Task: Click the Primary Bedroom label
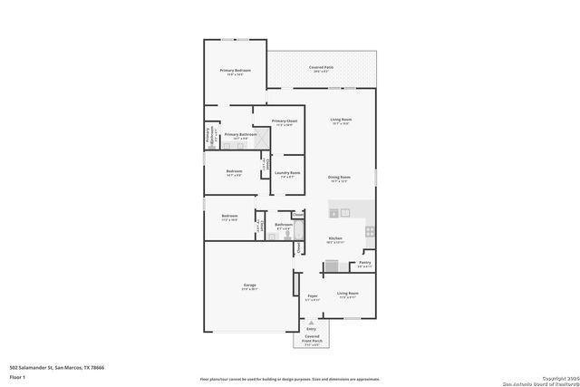coord(235,70)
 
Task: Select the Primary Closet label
coord(285,121)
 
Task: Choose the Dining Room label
coord(340,178)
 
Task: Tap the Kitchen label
coord(334,240)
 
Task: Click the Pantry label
coord(363,263)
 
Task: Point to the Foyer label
coord(312,295)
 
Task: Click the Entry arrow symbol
coord(311,322)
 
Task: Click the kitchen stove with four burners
coord(370,232)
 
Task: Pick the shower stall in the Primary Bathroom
coord(261,138)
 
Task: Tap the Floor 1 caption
coord(18,375)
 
